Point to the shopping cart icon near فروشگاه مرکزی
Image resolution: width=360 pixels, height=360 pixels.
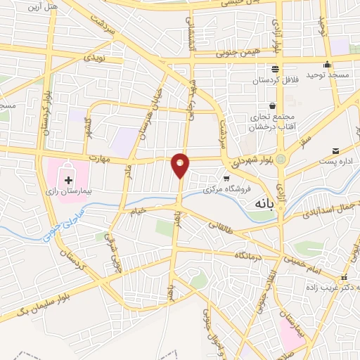tap(226, 178)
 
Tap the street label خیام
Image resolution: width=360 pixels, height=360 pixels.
tap(139, 210)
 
